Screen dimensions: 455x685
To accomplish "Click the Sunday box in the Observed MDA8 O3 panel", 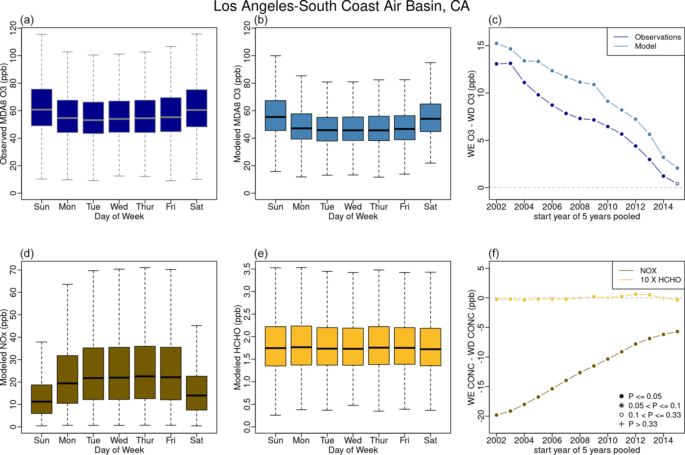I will (42, 107).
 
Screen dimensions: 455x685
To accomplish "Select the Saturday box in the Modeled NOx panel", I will (197, 393).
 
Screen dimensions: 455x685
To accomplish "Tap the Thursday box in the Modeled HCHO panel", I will (379, 345).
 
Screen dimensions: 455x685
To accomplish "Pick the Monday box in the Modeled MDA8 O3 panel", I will (301, 126).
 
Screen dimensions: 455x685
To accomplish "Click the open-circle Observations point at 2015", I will (677, 184).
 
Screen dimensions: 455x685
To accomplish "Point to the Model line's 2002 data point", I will (496, 43).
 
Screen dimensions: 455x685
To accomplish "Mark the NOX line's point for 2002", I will (496, 415).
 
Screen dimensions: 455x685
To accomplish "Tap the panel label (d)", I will (27, 253).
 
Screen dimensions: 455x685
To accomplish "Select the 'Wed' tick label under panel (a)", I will (119, 207).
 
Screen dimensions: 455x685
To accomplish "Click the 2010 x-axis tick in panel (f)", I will (607, 440).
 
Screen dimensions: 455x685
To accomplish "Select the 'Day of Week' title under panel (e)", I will (353, 450).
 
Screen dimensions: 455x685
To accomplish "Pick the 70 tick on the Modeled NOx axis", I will (13, 270).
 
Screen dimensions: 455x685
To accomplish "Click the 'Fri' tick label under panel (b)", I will (405, 207).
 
